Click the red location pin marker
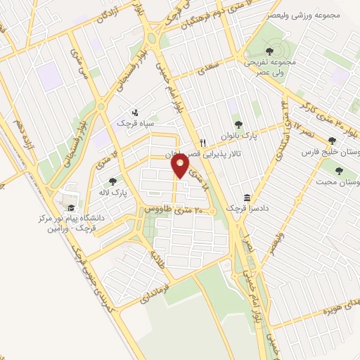coord(181,166)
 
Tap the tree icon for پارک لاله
coord(112,181)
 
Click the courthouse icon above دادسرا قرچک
coord(247,198)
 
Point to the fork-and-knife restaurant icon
coord(202,141)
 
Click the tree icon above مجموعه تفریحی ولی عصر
coord(271,51)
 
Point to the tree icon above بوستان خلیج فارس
coord(332,141)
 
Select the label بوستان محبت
coord(338,181)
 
